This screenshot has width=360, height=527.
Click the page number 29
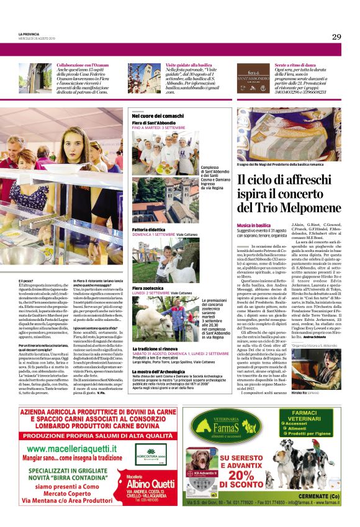coord(336,37)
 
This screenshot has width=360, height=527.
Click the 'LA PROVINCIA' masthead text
coord(28,34)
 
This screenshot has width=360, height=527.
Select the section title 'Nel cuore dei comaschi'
coord(158,116)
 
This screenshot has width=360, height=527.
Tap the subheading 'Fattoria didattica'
coord(148,230)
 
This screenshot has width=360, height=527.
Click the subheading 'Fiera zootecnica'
coord(146,289)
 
